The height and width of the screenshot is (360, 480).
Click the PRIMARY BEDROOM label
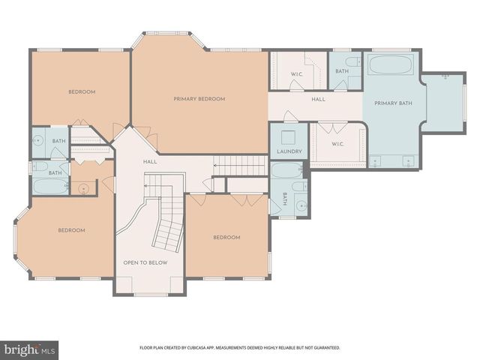199,99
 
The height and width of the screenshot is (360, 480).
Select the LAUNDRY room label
289,151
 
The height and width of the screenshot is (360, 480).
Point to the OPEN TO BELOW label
145,263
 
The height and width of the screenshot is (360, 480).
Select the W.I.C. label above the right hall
295,73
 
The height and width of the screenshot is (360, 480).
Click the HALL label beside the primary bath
318,99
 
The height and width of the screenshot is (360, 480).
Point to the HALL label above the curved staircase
149,162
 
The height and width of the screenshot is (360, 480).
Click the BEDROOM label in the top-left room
82,92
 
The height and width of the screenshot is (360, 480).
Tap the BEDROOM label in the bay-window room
71,230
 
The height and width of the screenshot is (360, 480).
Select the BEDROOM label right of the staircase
226,238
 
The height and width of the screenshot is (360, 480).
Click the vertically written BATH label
285,199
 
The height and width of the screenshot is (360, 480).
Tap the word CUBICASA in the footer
211,348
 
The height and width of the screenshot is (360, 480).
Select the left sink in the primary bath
377,159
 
